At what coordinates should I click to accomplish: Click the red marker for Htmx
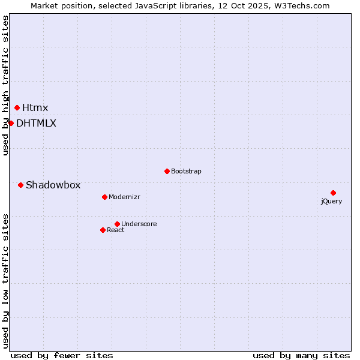[17, 108]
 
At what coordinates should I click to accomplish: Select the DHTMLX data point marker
[11, 123]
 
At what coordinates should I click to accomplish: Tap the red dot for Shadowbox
[20, 185]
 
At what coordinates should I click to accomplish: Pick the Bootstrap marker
[167, 171]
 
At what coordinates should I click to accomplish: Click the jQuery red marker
[333, 193]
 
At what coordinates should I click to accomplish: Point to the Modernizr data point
[104, 197]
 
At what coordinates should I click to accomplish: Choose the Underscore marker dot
[117, 224]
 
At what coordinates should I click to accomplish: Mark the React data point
[103, 230]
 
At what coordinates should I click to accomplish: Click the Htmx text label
[35, 108]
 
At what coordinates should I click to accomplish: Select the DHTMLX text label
[36, 123]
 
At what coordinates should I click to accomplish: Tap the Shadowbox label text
[53, 185]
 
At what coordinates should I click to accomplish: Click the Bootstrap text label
[186, 171]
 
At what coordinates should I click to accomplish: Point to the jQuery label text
[331, 201]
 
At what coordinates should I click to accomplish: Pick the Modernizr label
[124, 197]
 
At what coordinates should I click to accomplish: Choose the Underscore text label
[139, 224]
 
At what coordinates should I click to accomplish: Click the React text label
[115, 230]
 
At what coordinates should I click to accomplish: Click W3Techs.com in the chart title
[301, 5]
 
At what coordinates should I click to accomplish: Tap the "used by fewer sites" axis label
[62, 355]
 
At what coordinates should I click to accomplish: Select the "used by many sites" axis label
[301, 355]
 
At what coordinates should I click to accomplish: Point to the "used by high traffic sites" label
[6, 85]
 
